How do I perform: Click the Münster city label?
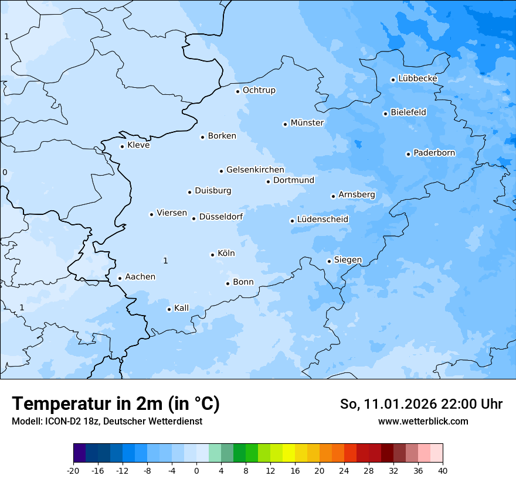pos(307,123)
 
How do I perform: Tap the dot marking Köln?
pos(212,255)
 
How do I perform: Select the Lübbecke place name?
pos(417,78)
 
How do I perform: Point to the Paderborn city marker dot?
pos(408,154)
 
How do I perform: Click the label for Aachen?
pos(140,277)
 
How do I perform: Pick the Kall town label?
pos(181,308)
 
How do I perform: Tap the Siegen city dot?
pos(329,261)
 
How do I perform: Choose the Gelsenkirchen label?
pos(255,170)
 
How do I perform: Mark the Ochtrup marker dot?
pos(237,91)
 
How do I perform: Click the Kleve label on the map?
pos(138,145)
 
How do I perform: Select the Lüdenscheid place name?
pos(322,220)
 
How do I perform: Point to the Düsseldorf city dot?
pos(193,218)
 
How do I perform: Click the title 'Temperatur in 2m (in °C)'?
pos(116,404)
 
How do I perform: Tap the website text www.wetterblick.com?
pos(423,421)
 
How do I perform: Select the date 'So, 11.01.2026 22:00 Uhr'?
pos(421,404)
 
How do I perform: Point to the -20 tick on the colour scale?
pos(73,470)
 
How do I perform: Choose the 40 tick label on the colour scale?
pos(443,470)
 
